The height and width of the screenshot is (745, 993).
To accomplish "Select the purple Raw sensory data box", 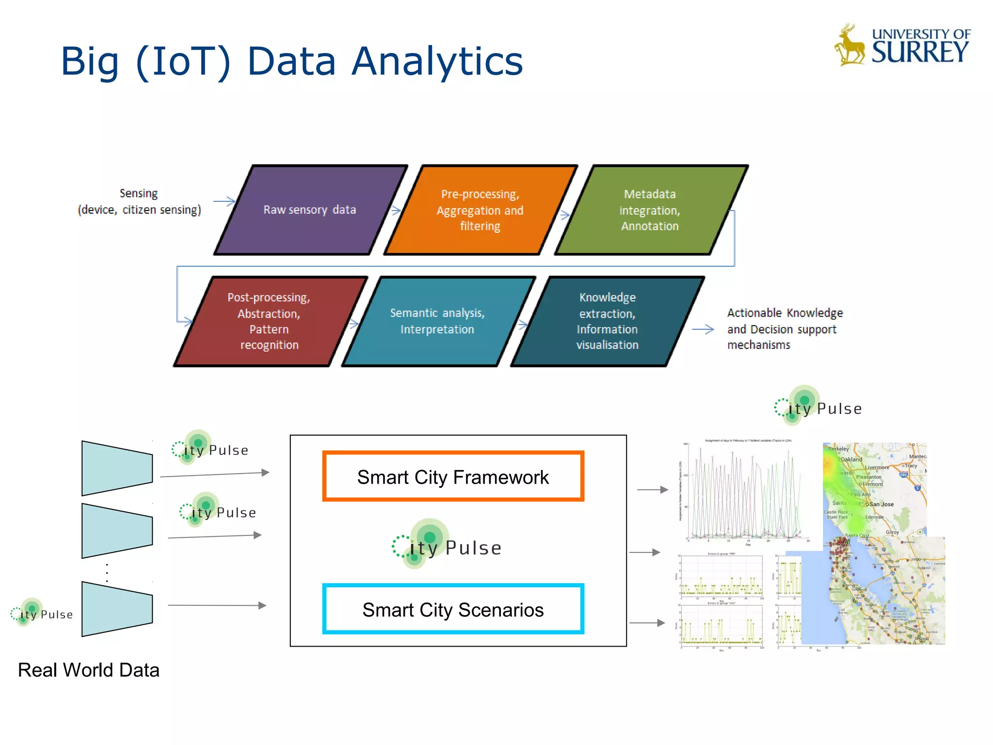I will point(310,210).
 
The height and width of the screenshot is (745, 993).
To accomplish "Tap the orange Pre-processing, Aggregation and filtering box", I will point(480,210).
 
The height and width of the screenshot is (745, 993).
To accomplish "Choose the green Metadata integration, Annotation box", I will point(650,210).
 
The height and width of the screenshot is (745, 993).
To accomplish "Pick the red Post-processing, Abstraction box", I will point(269,321).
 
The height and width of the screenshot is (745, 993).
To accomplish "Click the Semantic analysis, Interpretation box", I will point(437,321).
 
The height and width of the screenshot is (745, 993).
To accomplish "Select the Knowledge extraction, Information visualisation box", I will point(607,321).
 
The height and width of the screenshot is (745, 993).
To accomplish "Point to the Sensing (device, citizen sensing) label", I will point(139,201).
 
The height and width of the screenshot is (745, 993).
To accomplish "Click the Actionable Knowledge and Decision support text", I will point(784,329).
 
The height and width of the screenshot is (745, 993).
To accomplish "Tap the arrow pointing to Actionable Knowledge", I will point(703,329).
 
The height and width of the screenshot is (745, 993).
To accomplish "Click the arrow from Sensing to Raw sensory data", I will point(224,201).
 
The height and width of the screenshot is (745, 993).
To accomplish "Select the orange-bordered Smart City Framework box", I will point(453,477).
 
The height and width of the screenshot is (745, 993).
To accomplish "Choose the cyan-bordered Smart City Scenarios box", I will point(453,609).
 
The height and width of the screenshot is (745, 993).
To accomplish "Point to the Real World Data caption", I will point(89,670).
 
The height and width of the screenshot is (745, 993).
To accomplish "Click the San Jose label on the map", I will point(881,504).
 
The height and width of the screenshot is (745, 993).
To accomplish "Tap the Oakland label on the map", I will point(851,459).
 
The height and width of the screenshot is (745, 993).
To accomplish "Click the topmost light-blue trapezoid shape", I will point(117,468).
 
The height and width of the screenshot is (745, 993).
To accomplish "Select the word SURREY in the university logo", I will point(920,52).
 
